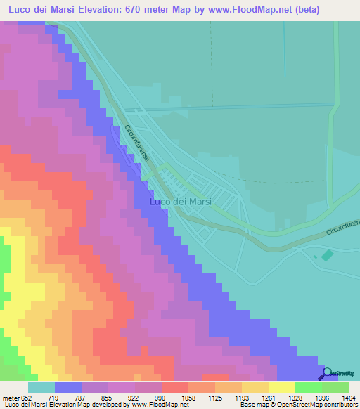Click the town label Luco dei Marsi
coord(181,202)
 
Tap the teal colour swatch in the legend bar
coord(41,387)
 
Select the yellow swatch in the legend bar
coord(281,387)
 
